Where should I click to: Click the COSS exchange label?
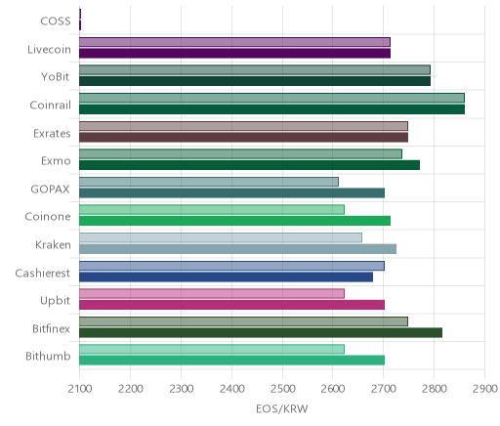point(56,21)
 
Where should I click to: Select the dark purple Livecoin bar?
point(234,54)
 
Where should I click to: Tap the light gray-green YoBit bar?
point(255,69)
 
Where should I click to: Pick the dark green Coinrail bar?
point(271,109)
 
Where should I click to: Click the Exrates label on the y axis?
point(52,134)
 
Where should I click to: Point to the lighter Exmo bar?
point(240,154)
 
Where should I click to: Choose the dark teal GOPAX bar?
point(231,193)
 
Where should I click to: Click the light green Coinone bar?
point(212,210)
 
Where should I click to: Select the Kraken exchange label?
point(53,245)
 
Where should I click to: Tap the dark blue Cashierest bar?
point(226,277)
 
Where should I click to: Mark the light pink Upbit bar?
point(212,294)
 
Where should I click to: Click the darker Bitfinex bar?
point(261,333)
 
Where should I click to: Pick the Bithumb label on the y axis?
point(48,357)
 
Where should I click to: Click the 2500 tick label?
point(282,389)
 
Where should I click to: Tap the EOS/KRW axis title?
point(282,408)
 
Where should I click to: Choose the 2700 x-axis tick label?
point(384,389)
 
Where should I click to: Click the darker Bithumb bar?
point(231,361)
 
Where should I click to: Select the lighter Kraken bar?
point(221,237)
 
